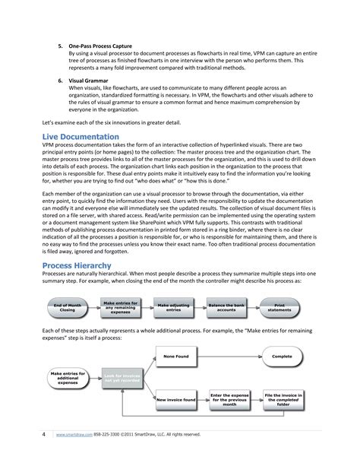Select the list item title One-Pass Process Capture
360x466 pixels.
[x=100, y=46]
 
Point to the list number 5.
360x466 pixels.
[x=61, y=46]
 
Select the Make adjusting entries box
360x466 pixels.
[x=172, y=307]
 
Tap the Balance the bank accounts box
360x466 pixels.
[x=227, y=307]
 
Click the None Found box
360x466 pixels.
[x=175, y=356]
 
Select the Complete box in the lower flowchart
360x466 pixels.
[x=283, y=356]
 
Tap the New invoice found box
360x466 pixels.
[x=175, y=398]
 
